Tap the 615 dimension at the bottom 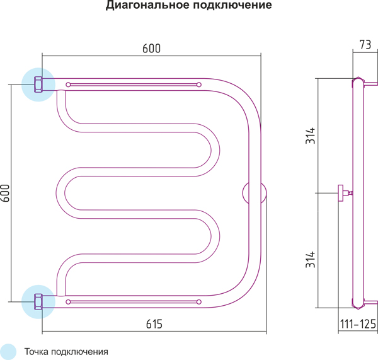[154, 325]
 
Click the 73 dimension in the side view [365, 45]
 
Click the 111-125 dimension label [358, 325]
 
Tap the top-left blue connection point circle [38, 84]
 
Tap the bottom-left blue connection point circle [38, 302]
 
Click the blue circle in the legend [8, 351]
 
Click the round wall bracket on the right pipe [255, 194]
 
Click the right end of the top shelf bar [200, 84]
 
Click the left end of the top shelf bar [68, 84]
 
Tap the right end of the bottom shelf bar [200, 302]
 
